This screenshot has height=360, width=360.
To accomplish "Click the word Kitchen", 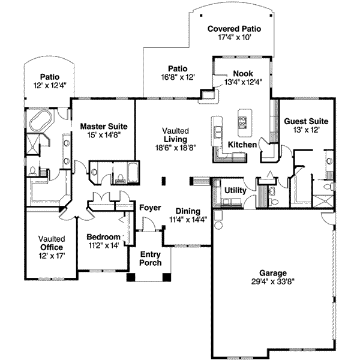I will coord(242,145).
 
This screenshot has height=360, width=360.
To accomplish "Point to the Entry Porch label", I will coord(150,258).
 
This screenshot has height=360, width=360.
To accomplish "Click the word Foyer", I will coord(150,208).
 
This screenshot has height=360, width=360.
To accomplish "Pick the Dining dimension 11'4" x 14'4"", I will coord(188,220).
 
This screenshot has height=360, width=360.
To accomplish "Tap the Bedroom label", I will coord(104,236).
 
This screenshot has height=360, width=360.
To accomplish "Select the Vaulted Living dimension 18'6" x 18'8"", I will coord(176,147).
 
